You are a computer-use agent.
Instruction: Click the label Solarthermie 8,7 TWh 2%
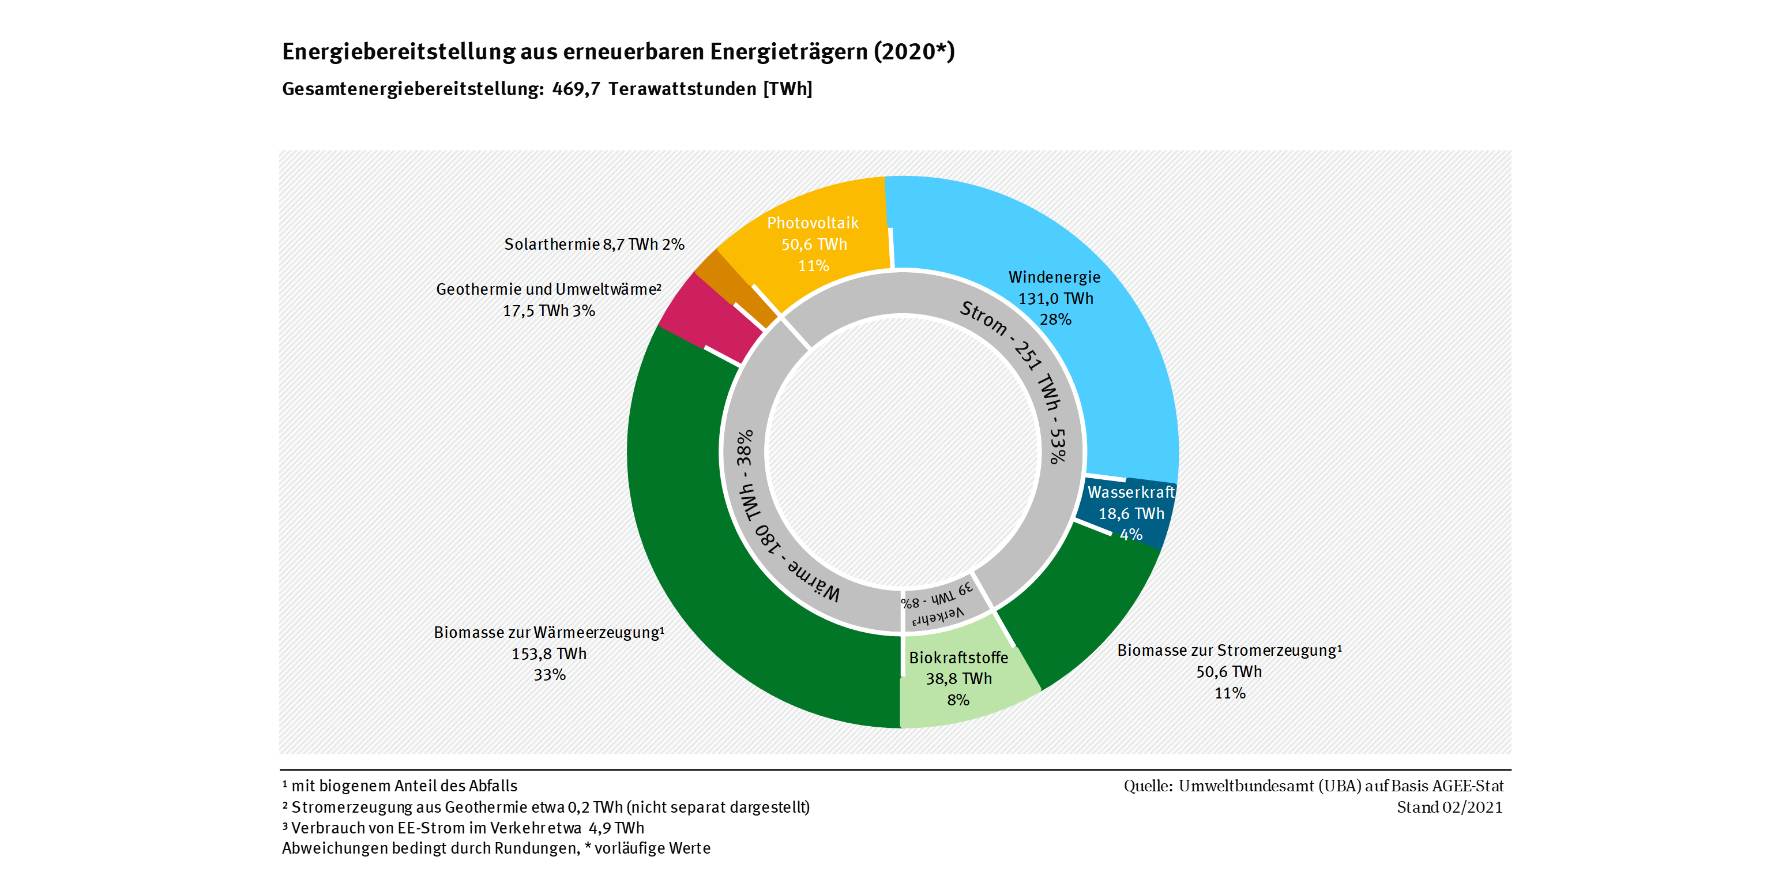[593, 244]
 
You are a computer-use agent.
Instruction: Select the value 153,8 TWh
[548, 654]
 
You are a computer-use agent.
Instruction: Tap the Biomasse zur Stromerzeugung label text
[1228, 651]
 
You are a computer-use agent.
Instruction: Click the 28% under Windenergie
[1055, 320]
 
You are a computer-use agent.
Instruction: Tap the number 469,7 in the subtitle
[576, 89]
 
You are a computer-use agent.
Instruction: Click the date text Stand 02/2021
[1449, 807]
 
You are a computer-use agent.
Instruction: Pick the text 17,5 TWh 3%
[548, 311]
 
